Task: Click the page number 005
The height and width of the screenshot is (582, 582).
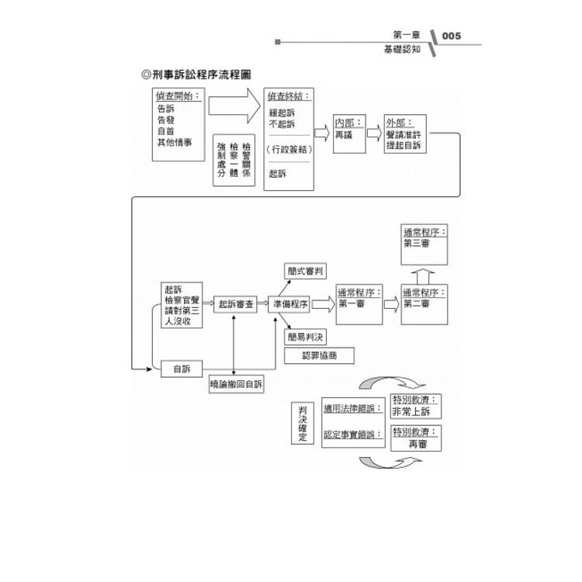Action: (x=451, y=36)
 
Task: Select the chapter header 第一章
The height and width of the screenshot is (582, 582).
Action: (x=407, y=35)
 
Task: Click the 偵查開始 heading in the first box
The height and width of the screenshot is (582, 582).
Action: (x=178, y=96)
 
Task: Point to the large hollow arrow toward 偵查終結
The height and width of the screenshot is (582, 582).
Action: (x=234, y=105)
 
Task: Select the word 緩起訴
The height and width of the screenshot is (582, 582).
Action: (x=282, y=112)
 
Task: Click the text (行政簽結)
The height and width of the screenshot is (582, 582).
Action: (x=289, y=149)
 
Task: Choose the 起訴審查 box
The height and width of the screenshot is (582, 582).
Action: (x=234, y=305)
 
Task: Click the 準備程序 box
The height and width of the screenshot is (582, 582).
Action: (x=289, y=305)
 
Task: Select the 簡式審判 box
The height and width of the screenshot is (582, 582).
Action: (x=306, y=271)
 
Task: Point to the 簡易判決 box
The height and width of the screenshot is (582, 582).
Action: (x=306, y=338)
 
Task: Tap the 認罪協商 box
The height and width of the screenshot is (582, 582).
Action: (x=318, y=355)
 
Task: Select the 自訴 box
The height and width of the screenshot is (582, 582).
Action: (x=182, y=369)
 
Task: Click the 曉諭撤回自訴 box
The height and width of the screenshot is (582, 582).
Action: (x=237, y=384)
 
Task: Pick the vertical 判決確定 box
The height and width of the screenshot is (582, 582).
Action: (x=303, y=423)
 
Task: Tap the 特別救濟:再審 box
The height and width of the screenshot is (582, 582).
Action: (x=417, y=438)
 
